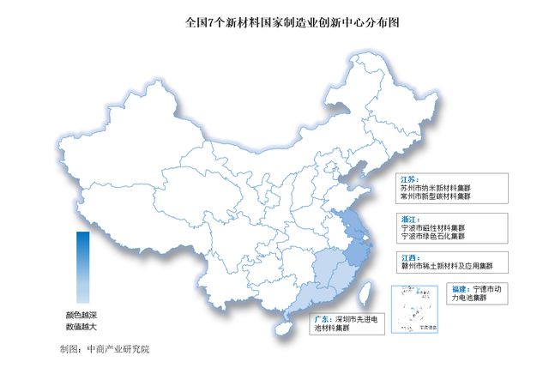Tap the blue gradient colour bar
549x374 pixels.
tap(81, 265)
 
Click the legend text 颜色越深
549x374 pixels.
tap(81, 315)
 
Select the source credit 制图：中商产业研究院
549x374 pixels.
tap(104, 349)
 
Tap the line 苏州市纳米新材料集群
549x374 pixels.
tap(441, 186)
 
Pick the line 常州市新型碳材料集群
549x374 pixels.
tap(441, 196)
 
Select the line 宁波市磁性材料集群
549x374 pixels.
tap(437, 229)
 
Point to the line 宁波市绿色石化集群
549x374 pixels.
tap(437, 238)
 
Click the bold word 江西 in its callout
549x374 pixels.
tap(411, 256)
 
